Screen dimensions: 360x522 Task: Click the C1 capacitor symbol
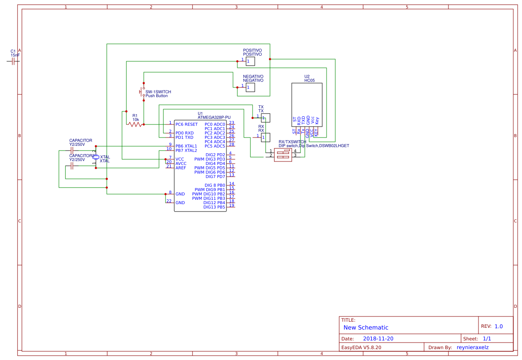[x=13, y=61]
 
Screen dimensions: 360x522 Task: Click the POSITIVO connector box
[x=250, y=61]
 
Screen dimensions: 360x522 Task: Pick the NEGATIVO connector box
[x=250, y=87]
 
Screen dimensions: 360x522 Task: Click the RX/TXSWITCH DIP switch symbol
[x=283, y=155]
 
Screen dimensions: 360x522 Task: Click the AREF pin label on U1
[x=181, y=168]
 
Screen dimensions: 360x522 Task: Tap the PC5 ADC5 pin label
[x=215, y=146]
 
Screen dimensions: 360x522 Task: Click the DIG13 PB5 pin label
[x=214, y=207]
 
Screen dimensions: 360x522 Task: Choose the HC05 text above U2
[x=310, y=81]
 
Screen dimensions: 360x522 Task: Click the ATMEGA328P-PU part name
[x=214, y=118]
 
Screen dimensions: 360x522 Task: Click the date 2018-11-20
[x=378, y=339]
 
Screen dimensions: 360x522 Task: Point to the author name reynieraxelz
[x=472, y=347]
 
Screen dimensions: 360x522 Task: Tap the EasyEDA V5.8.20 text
[x=361, y=347]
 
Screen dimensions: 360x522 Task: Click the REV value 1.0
[x=498, y=326]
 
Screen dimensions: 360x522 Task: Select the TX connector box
[x=266, y=118]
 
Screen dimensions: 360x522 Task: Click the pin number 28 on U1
[x=232, y=145]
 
